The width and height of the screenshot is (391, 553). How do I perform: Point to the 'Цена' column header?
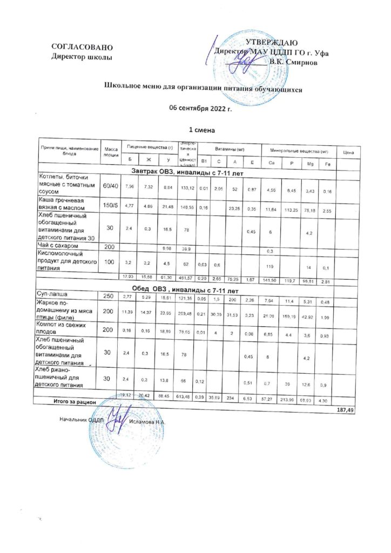[348, 153]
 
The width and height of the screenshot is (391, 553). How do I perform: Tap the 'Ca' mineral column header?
[271, 163]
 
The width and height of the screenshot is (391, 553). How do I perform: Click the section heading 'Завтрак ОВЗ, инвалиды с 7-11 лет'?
[185, 172]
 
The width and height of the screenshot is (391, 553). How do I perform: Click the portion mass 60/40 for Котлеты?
[111, 186]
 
